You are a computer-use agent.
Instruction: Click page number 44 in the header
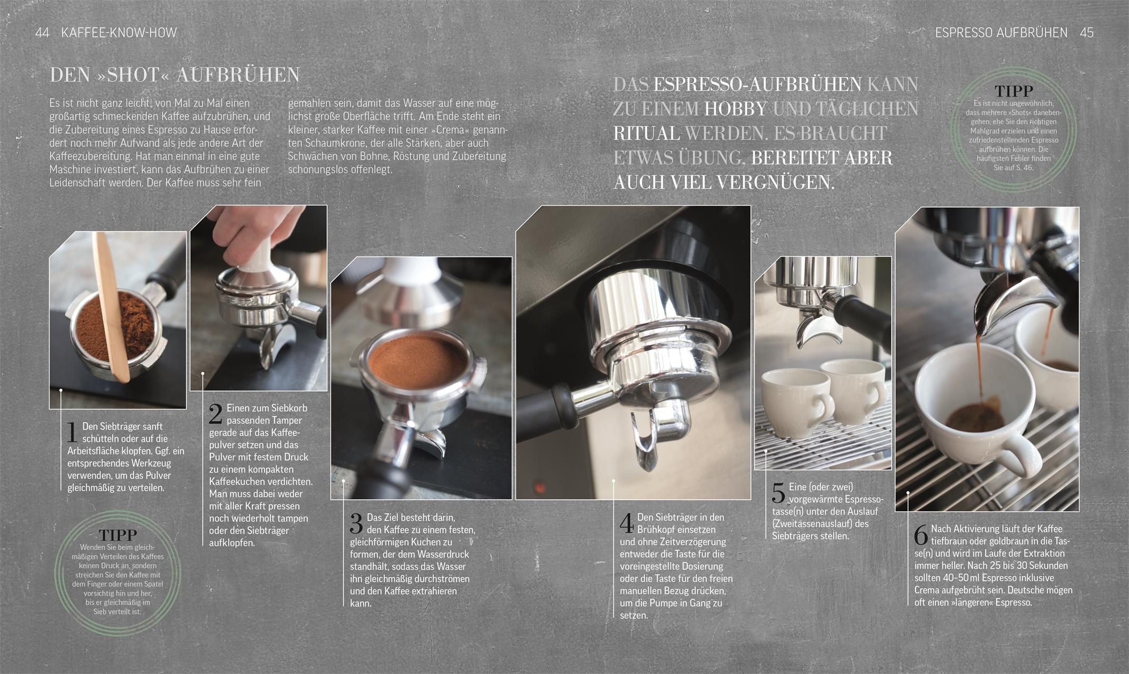[42, 33]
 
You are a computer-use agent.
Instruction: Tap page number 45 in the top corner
[1086, 33]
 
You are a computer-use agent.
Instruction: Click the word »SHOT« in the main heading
[133, 75]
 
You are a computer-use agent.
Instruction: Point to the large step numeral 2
[215, 414]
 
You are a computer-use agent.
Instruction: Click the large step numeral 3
[356, 524]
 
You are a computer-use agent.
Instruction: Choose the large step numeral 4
[627, 523]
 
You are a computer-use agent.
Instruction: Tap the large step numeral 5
[778, 493]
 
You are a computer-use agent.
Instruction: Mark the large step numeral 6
[921, 535]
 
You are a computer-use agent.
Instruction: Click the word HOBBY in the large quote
[735, 109]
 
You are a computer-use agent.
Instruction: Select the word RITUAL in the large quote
[646, 133]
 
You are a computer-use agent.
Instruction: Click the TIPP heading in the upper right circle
[1013, 91]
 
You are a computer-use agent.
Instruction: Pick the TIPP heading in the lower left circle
[118, 536]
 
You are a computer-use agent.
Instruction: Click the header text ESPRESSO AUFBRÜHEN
[1001, 33]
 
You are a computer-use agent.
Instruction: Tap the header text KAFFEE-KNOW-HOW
[119, 33]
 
